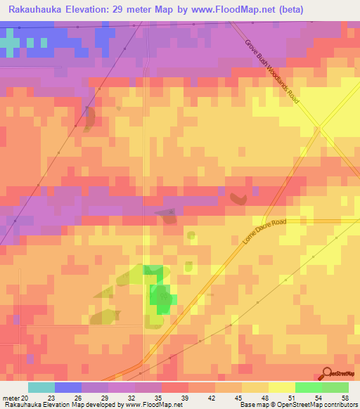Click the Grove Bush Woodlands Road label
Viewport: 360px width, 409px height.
(272, 71)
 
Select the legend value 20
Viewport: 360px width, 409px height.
(27, 398)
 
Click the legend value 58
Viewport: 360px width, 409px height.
(346, 398)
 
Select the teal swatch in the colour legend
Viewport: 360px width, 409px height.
(41, 387)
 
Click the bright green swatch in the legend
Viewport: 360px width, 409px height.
(308, 387)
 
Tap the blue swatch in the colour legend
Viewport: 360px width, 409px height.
(67, 387)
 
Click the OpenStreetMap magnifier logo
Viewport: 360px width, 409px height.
(326, 375)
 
